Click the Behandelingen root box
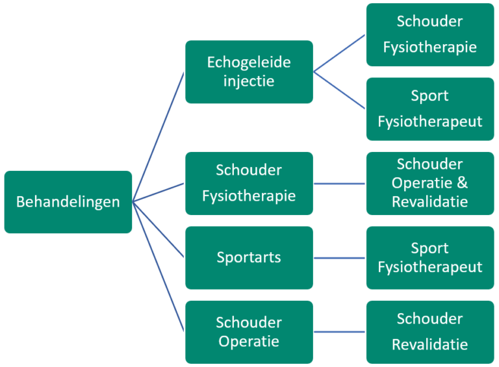68,202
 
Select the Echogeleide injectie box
249,72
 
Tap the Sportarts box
249,257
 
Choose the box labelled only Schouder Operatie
249,332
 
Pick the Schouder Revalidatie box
429,332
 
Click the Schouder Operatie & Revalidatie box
429,183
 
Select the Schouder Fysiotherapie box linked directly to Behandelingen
249,183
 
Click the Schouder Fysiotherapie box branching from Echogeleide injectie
429,34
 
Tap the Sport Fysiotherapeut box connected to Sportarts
429,257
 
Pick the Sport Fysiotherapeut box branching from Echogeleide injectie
429,109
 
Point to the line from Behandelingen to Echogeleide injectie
159,137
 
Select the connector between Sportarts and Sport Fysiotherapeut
340,258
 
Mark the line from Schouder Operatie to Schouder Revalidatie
340,332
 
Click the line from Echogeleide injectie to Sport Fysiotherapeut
340,90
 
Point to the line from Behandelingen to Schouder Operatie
159,267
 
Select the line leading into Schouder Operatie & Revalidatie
340,183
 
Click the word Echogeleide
249,63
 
